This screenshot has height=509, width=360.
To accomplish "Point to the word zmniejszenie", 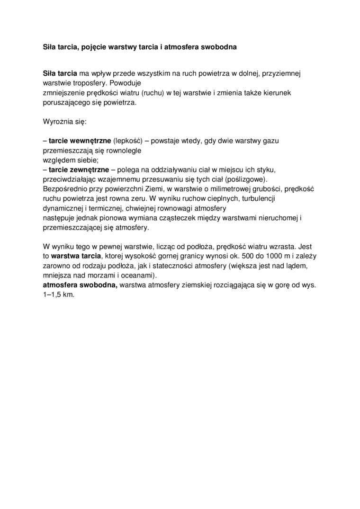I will [63, 93].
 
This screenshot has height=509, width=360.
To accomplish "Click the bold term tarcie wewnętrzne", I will [80, 141].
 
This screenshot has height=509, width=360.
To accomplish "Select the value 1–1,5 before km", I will [53, 294].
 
